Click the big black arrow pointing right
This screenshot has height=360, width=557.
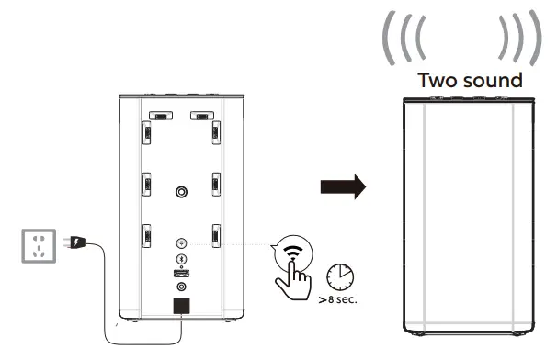click(x=342, y=187)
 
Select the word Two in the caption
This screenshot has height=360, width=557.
click(x=438, y=81)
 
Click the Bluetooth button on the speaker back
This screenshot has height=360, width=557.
click(x=181, y=260)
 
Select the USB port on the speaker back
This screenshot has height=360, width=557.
click(x=181, y=275)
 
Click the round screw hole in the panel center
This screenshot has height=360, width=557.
click(x=181, y=192)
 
